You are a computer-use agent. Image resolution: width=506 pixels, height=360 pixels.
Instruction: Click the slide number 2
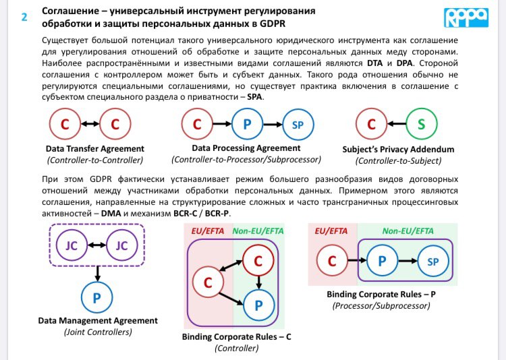click(25, 18)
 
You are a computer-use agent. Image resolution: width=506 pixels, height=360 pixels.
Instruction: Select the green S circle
click(422, 125)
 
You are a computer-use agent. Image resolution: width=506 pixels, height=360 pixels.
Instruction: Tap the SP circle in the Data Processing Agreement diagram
click(298, 125)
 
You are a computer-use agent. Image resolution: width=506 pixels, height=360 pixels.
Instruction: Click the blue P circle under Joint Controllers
click(99, 297)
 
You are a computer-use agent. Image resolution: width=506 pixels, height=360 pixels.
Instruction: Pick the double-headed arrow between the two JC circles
click(99, 246)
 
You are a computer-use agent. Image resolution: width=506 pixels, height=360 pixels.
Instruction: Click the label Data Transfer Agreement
click(94, 148)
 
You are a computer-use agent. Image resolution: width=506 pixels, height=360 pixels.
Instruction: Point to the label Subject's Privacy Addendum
click(398, 149)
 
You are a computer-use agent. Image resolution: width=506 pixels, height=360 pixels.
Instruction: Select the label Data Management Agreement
click(97, 321)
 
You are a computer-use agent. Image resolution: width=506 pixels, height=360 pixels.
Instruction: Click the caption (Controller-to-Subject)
click(398, 160)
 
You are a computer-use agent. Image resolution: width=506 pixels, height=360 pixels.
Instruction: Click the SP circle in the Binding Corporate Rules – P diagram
click(434, 260)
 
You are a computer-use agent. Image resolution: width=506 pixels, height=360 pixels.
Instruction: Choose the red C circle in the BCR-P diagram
click(332, 260)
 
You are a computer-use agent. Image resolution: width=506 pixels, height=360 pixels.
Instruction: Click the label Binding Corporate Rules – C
click(240, 336)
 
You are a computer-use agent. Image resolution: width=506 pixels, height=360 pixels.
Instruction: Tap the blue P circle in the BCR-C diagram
click(258, 304)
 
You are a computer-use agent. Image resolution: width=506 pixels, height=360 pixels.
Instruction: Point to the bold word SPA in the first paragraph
click(255, 96)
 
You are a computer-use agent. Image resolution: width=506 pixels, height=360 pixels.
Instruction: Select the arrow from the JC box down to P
click(99, 273)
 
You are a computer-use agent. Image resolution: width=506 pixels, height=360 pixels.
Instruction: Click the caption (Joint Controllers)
click(97, 332)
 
